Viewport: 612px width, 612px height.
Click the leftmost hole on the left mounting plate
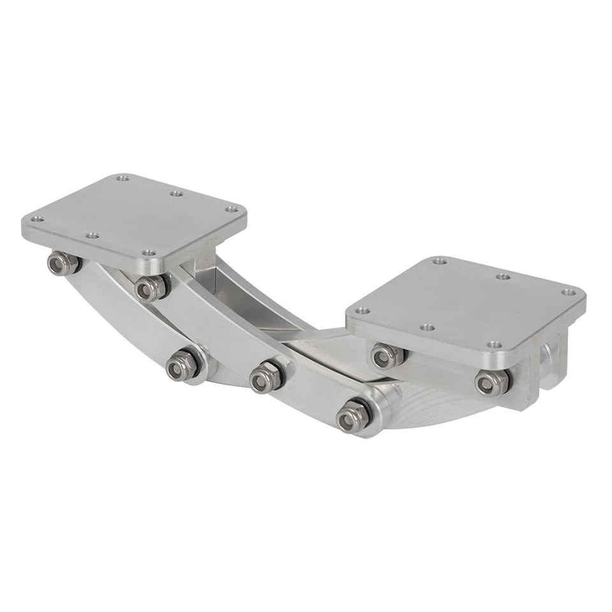(x=37, y=219)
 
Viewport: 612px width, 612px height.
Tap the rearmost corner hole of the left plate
(x=122, y=178)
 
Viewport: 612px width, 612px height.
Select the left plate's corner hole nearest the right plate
(x=232, y=209)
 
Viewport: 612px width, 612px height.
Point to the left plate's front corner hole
(x=149, y=253)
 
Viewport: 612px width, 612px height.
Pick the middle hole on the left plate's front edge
(x=92, y=235)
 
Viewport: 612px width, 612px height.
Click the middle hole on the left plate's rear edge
(x=177, y=193)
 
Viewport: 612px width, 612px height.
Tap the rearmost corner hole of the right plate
(x=439, y=261)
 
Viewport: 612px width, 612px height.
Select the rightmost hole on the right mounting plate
(x=569, y=293)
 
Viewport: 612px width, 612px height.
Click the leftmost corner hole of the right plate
(x=362, y=310)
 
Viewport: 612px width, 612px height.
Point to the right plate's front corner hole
(x=494, y=345)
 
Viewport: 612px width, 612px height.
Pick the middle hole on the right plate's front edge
(x=427, y=327)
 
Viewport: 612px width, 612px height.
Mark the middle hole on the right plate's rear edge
(x=503, y=277)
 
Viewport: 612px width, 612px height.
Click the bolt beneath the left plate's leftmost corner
(x=63, y=263)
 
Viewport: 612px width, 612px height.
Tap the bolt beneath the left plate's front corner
(x=150, y=288)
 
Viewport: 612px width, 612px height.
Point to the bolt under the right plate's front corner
(x=492, y=382)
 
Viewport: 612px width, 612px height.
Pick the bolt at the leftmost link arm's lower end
(x=182, y=366)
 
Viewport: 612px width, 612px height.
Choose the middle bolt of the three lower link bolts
(x=265, y=377)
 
